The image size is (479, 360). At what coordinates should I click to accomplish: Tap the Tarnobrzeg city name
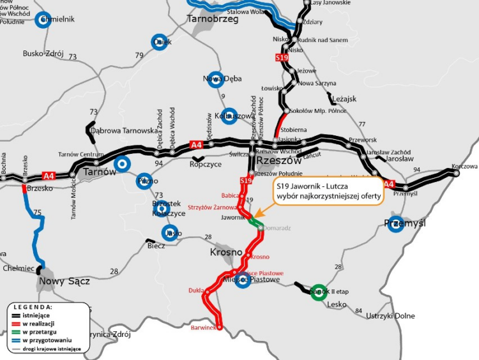pos(213,20)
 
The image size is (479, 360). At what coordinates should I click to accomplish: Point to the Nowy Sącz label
pos(64,281)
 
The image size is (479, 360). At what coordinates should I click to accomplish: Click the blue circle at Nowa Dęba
pos(215,79)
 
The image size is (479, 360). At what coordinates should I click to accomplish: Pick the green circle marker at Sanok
pos(318,290)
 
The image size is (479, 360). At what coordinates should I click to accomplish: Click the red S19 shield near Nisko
pos(282,58)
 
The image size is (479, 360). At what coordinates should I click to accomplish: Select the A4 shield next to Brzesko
pos(49,176)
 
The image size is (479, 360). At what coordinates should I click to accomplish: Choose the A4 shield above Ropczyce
pos(197,145)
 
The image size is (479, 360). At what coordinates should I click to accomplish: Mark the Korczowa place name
pos(464,166)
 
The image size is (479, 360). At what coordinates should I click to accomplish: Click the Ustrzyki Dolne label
pos(390,316)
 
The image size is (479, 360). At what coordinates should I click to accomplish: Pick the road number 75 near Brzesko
pos(37,213)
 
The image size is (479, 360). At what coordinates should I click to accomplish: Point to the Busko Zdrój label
pos(43,54)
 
